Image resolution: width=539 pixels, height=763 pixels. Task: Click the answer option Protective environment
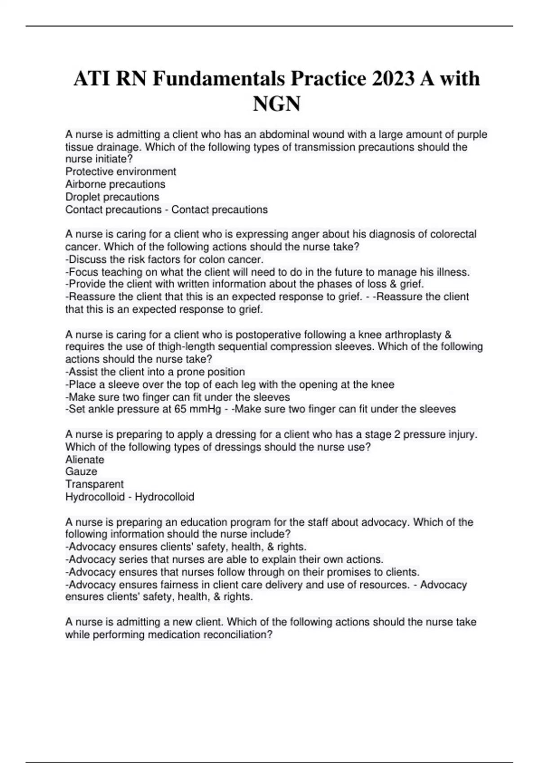coord(120,171)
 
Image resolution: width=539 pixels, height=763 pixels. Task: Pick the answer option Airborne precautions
coord(115,184)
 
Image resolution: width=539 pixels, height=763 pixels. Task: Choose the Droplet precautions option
coord(112,197)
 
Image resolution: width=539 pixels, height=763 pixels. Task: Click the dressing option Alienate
coord(84,460)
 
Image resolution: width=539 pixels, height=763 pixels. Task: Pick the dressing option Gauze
coord(81,471)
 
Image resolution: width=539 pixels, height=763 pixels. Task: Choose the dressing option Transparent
coord(94,484)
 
